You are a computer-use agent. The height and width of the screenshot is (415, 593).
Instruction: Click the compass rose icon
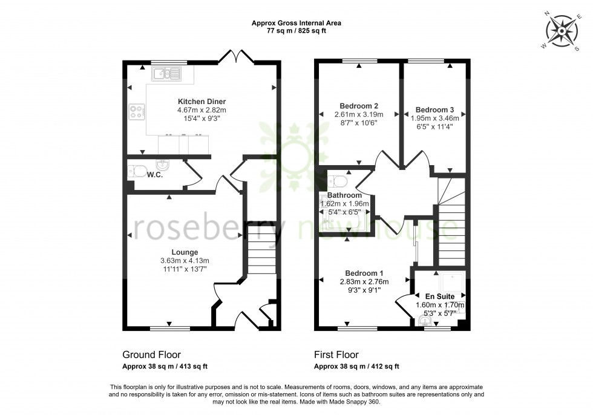[x=562, y=31]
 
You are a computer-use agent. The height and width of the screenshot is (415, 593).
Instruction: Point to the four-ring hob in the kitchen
[x=137, y=111]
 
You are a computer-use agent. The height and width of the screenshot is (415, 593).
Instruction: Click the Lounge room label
[x=184, y=252]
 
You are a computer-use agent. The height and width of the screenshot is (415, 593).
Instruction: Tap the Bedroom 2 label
[x=355, y=105]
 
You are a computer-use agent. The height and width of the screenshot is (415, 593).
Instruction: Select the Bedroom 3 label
[x=434, y=109]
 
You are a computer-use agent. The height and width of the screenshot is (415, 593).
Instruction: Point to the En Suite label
[x=440, y=296]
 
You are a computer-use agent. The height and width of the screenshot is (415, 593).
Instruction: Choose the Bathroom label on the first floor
[x=345, y=195]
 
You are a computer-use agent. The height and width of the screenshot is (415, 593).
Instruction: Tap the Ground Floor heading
[x=151, y=355]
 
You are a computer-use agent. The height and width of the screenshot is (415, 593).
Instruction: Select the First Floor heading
[x=336, y=355]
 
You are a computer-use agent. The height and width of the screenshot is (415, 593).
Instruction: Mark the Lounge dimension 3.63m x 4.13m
[x=184, y=261]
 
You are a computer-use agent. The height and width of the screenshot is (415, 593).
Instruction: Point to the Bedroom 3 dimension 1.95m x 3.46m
[x=434, y=119]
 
